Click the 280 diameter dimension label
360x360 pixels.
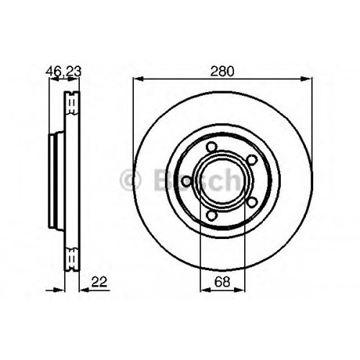click(x=222, y=71)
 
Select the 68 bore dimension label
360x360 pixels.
click(x=222, y=282)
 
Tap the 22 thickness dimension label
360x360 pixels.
click(x=99, y=282)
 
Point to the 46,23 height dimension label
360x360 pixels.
click(x=63, y=71)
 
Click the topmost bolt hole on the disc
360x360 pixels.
click(x=211, y=147)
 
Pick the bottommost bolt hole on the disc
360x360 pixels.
click(x=211, y=215)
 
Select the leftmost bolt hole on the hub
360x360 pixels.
click(x=186, y=181)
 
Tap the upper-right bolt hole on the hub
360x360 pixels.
click(x=252, y=160)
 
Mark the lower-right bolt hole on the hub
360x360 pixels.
click(x=252, y=202)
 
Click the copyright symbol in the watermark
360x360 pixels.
click(x=130, y=180)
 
